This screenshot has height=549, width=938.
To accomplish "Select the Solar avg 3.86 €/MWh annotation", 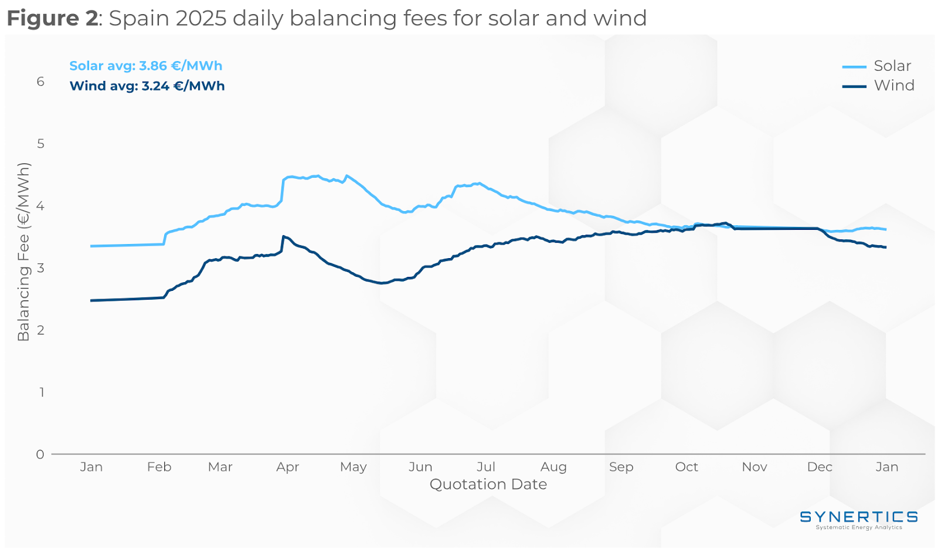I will [146, 66].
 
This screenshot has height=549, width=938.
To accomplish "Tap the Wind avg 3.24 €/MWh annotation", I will [147, 86].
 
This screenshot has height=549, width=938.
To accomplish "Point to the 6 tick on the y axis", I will [40, 82].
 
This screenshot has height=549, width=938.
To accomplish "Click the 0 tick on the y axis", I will [40, 454].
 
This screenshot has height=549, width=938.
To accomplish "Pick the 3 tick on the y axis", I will [40, 268].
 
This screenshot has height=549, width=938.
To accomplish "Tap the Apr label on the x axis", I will [288, 467].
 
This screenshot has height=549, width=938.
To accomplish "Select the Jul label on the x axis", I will [486, 467].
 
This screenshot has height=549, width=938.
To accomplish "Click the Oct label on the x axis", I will [686, 467].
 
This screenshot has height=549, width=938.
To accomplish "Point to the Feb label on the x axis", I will [159, 467].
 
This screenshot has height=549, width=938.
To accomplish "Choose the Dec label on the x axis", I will [820, 467].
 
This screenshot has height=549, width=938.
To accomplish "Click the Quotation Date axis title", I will [488, 484].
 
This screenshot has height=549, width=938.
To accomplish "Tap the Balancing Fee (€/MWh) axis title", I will [23, 252].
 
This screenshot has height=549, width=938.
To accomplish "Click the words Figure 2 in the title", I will [52, 18].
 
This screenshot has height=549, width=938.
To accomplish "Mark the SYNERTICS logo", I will [859, 518].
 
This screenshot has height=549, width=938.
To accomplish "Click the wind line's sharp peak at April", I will [284, 236].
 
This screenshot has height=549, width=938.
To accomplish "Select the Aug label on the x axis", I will [553, 467].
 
